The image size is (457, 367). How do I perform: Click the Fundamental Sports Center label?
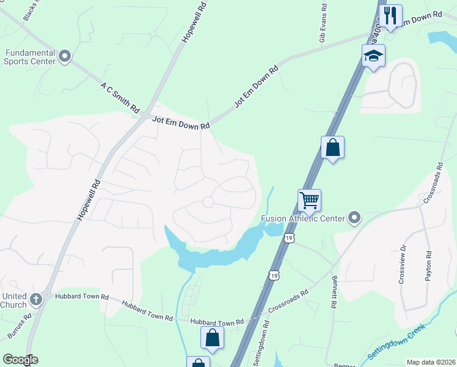(29, 57)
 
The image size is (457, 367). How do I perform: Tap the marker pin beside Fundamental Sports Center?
(65, 57)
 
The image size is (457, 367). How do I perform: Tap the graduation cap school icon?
(373, 56)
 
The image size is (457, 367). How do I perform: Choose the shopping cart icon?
(310, 199)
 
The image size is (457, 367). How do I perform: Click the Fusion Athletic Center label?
(302, 218)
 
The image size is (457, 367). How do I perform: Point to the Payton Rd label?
(429, 266)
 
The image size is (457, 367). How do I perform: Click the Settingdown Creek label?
(397, 345)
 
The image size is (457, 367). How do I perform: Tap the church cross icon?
(36, 299)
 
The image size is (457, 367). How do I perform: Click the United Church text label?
(13, 300)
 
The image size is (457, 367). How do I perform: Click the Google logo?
(20, 360)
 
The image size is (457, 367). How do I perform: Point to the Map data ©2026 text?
(431, 362)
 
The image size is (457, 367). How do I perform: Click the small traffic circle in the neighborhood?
(208, 202)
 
